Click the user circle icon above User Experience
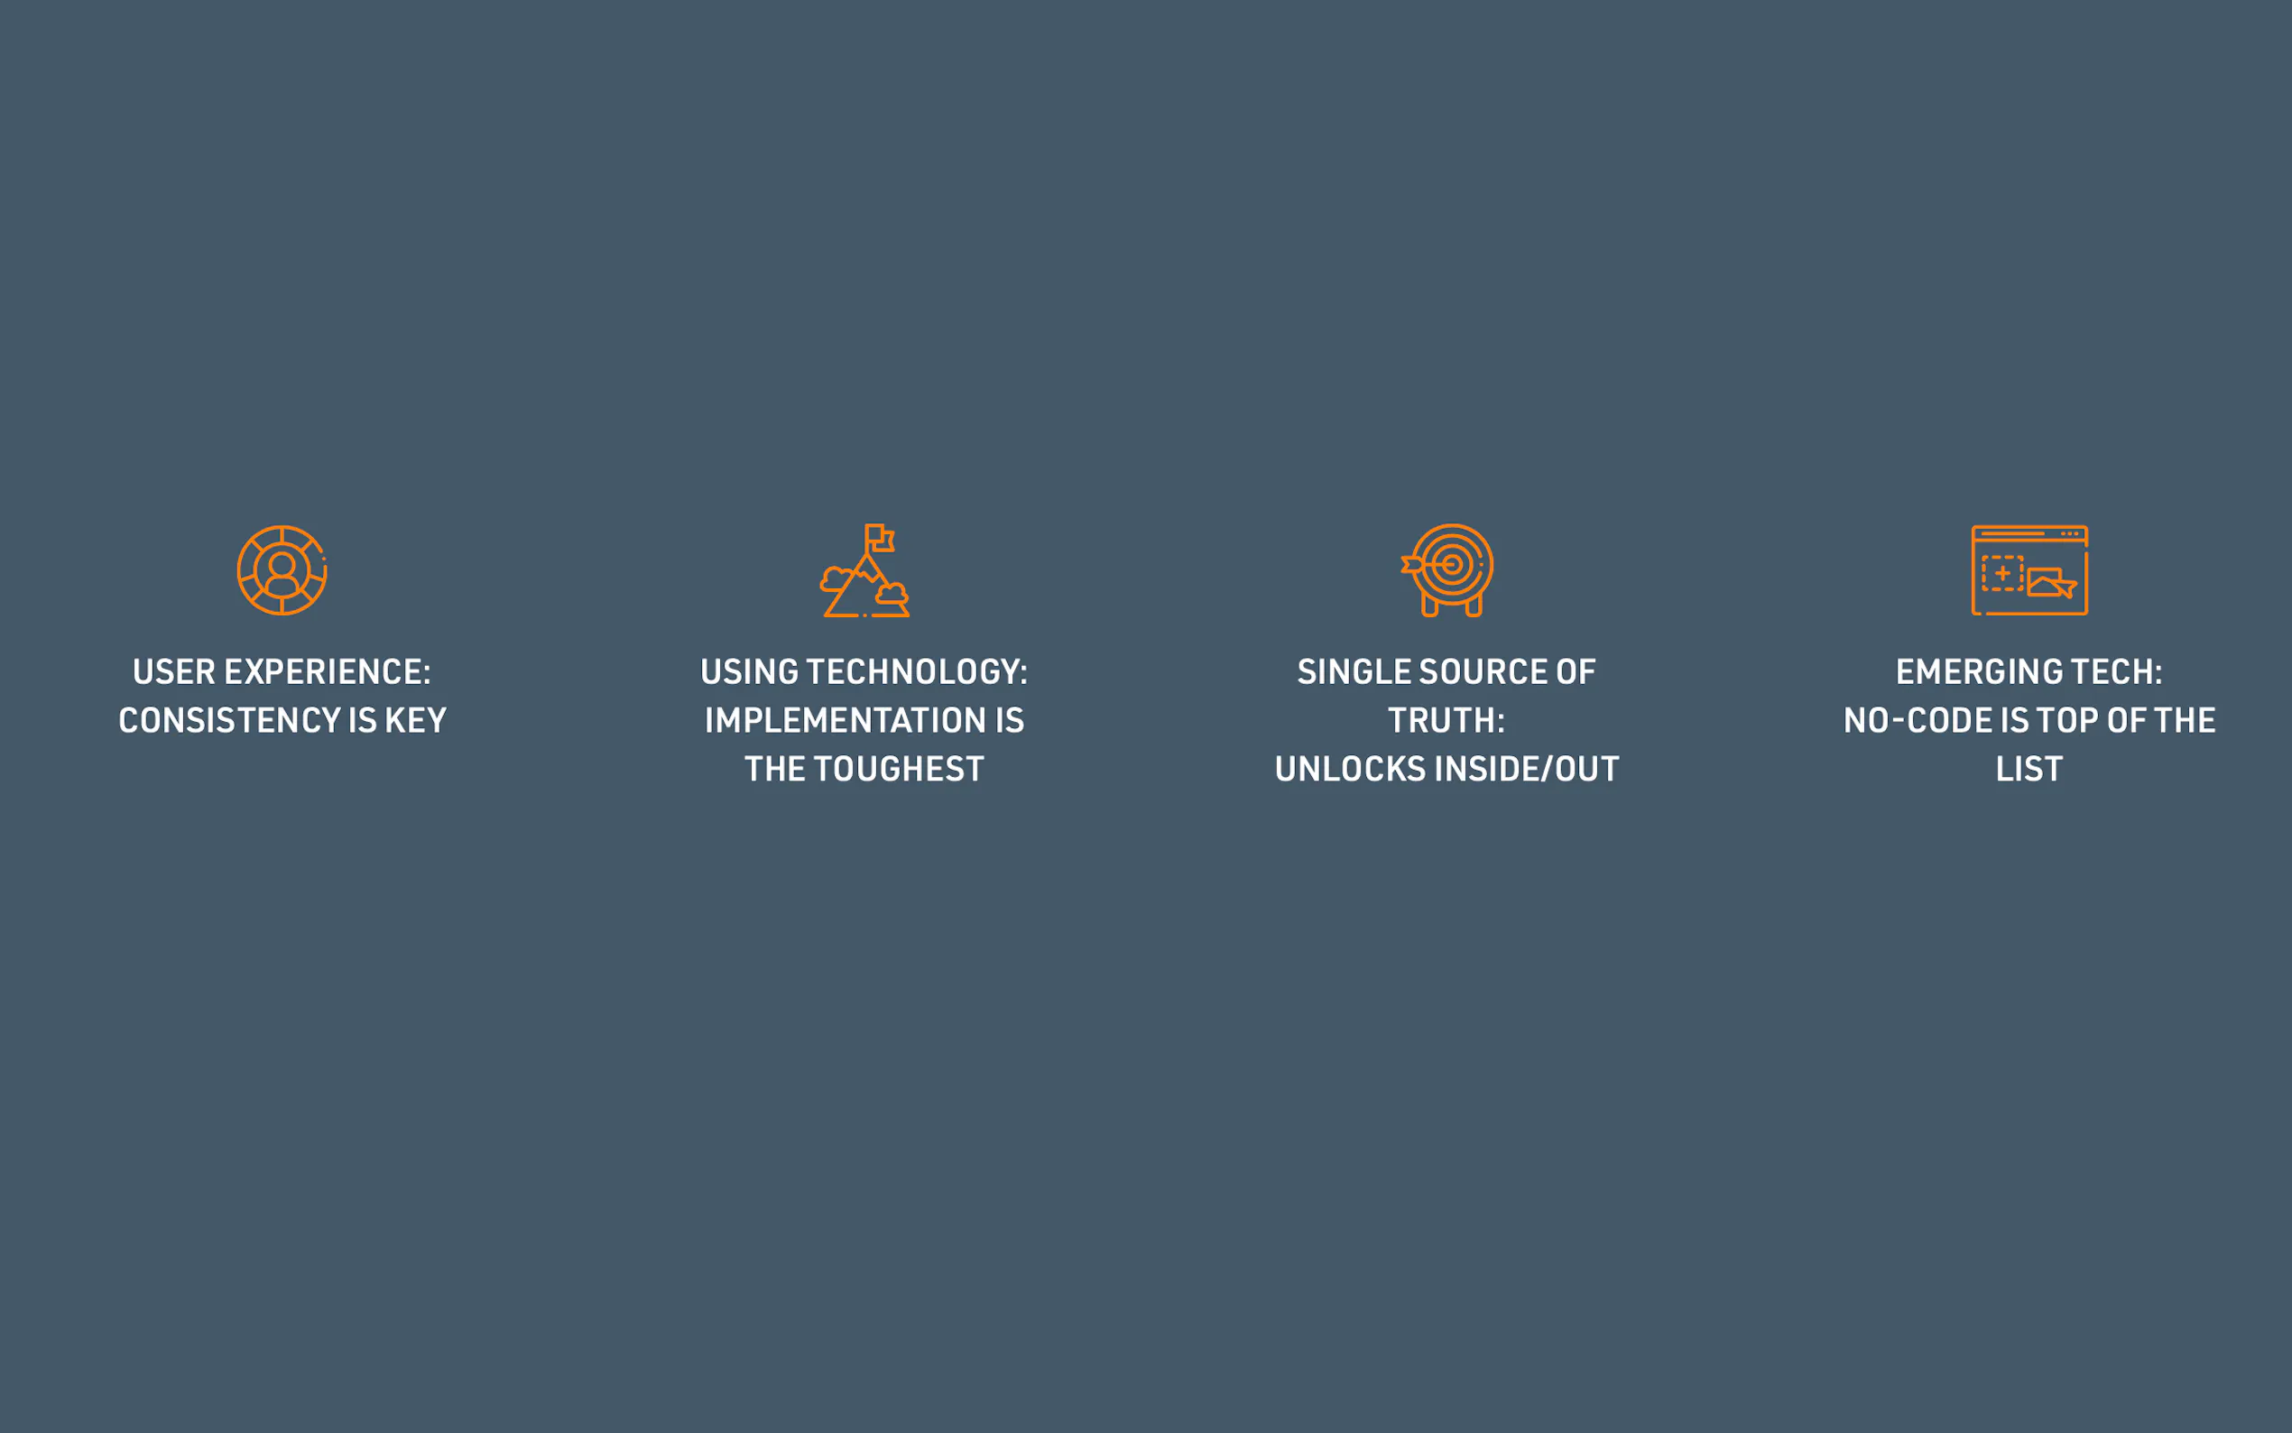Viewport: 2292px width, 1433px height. (x=282, y=570)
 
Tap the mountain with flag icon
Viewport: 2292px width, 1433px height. (x=864, y=570)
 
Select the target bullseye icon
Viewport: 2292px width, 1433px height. (x=1446, y=569)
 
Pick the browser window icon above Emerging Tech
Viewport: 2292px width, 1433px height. (x=2029, y=570)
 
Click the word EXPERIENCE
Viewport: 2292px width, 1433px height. (x=326, y=672)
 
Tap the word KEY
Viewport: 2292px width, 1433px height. (x=415, y=720)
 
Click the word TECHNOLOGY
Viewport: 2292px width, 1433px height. (x=917, y=672)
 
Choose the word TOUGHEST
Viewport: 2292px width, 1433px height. (x=899, y=769)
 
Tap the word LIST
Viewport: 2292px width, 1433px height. (x=2029, y=769)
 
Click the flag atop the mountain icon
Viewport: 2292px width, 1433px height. (x=880, y=538)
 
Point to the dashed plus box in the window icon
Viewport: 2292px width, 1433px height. (x=2003, y=573)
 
